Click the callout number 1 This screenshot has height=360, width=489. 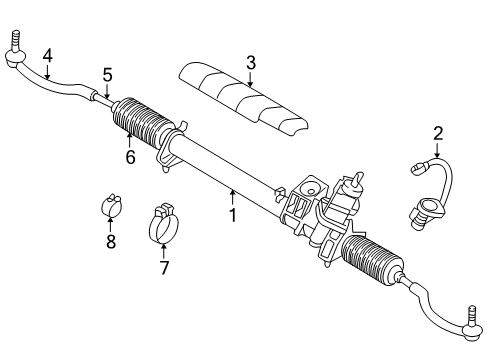233,214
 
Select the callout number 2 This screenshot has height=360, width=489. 437,133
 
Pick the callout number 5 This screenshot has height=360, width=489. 107,74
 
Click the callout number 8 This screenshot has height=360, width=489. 111,241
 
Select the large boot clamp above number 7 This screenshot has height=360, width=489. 165,223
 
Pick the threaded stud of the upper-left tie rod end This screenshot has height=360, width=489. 17,44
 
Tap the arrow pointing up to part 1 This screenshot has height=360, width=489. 233,197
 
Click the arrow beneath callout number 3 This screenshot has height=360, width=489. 250,77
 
